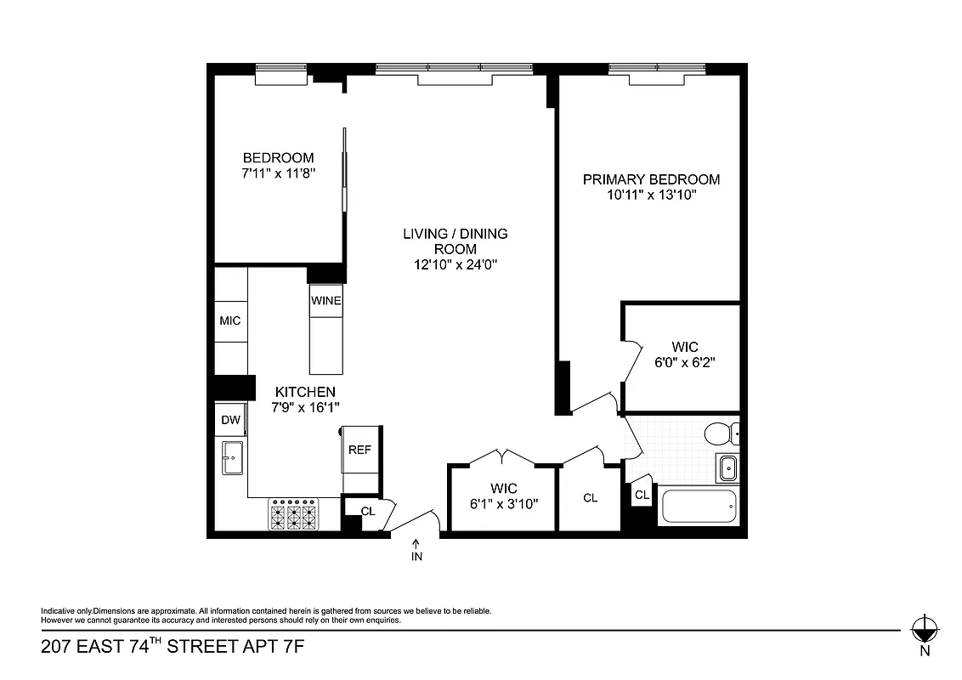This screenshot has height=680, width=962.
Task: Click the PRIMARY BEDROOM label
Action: (651, 179)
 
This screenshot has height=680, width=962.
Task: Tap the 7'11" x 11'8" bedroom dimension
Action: (278, 173)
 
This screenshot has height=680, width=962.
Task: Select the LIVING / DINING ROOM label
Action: (455, 241)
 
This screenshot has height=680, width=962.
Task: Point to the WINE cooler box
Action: (325, 301)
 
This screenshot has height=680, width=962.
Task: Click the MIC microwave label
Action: (230, 320)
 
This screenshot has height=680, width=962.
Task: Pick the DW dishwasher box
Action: (230, 420)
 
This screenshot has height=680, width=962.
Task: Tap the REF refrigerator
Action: (360, 450)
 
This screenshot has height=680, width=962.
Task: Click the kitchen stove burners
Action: (293, 514)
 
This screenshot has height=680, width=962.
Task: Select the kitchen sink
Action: (232, 460)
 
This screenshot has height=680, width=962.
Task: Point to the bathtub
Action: (698, 508)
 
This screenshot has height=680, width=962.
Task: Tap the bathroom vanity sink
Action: (727, 467)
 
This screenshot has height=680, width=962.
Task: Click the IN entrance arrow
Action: (416, 550)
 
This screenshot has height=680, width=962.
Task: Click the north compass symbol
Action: (924, 630)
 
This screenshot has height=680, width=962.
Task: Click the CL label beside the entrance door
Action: (368, 511)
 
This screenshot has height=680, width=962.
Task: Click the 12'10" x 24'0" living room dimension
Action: (455, 264)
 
